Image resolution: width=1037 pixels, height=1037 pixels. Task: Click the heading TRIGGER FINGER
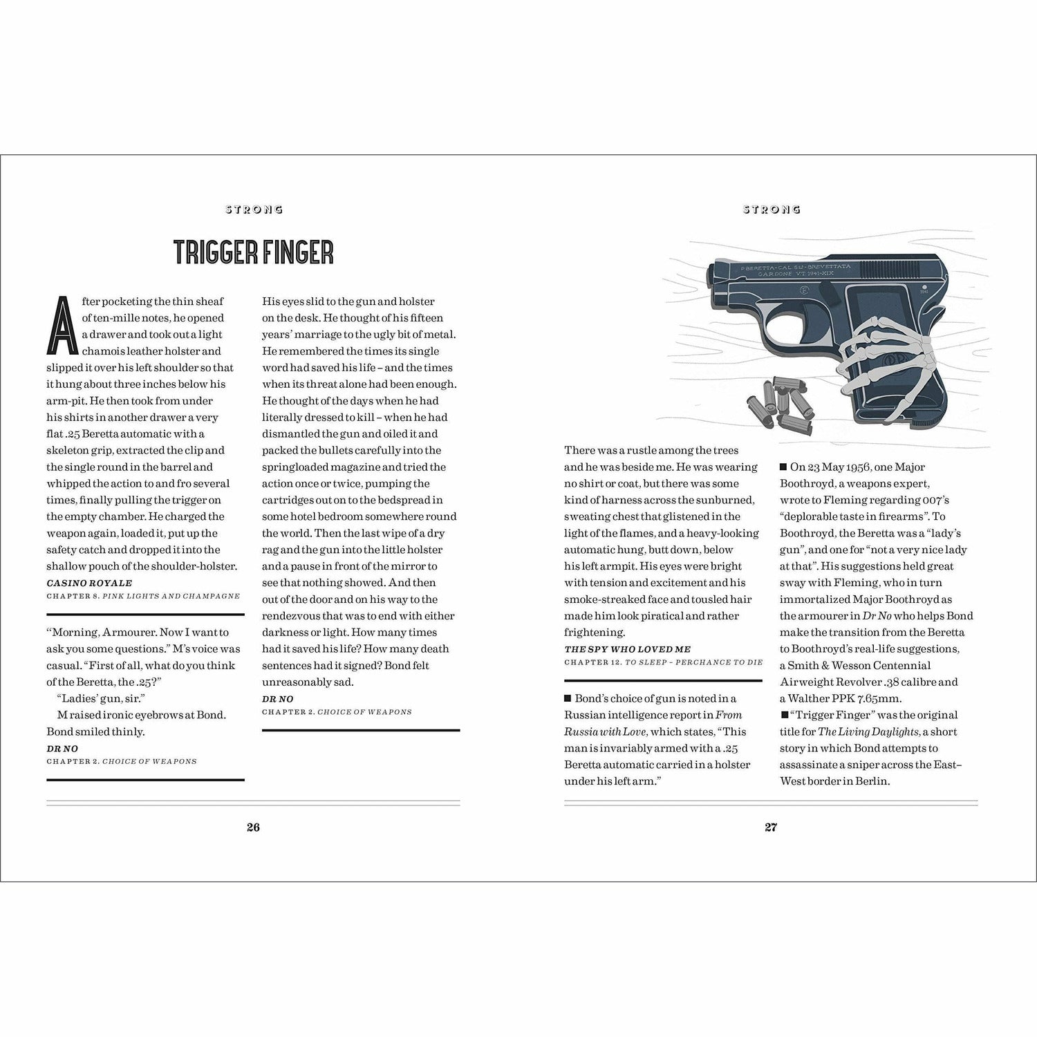point(253,253)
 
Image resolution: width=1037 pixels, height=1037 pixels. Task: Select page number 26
point(253,827)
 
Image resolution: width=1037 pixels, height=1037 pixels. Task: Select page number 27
point(771,827)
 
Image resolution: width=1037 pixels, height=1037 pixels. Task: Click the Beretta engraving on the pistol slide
point(795,269)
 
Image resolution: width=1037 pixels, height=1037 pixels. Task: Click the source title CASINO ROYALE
point(89,583)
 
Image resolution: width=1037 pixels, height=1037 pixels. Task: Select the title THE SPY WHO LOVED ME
point(627,649)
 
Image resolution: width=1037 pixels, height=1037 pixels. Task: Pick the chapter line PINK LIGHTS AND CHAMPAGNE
point(171,596)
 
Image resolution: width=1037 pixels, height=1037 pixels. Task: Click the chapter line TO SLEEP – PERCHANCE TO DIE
point(693,662)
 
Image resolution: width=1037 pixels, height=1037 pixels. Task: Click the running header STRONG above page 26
point(254,209)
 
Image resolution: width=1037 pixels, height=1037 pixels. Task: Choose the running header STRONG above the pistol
point(772,209)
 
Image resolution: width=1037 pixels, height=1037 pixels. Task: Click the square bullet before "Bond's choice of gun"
point(568,698)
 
